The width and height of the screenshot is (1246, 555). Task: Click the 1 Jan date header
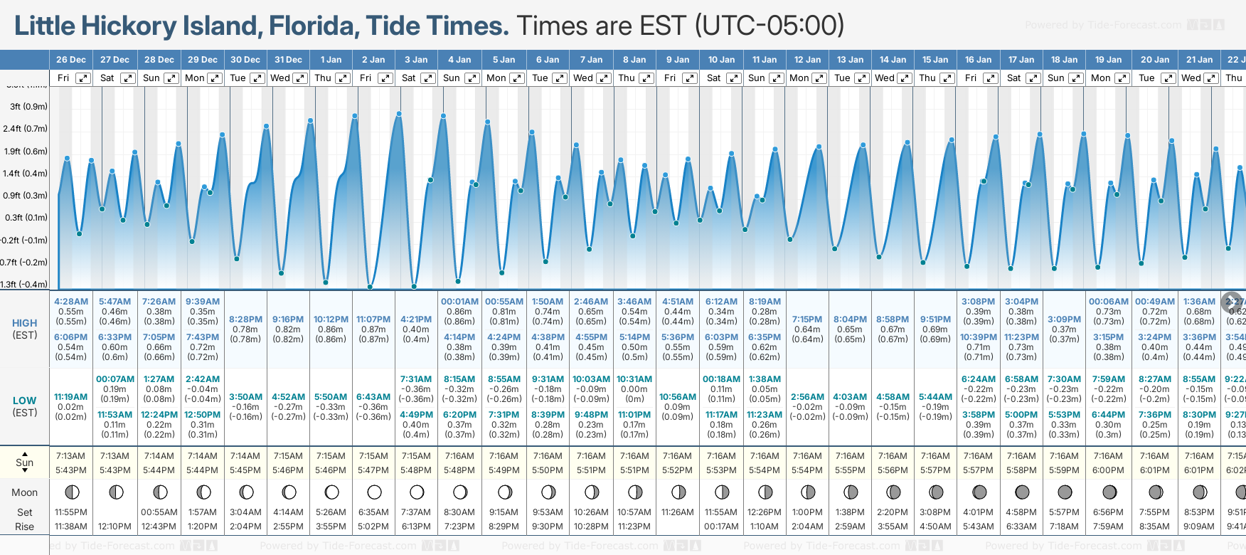[x=331, y=60]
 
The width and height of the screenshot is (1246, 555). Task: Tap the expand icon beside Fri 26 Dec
[x=84, y=78]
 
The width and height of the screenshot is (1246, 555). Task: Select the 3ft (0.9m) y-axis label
[x=29, y=107]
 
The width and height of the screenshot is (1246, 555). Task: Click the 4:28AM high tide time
[x=71, y=302]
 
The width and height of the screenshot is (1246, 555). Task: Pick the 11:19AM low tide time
[x=71, y=397]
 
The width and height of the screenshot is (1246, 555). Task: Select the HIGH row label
[x=25, y=323]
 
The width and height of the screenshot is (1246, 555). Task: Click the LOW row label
[x=25, y=401]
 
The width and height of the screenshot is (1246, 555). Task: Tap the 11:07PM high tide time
[x=373, y=319]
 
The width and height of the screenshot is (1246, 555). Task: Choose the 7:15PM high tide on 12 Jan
[x=807, y=319]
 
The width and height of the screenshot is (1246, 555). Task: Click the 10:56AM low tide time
[x=677, y=397]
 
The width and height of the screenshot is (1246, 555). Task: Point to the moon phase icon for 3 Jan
[x=417, y=492]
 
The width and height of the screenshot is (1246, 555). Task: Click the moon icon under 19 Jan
[x=1109, y=492]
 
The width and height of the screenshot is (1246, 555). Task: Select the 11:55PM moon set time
[x=71, y=512]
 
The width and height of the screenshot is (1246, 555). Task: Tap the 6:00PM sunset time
[x=1108, y=470]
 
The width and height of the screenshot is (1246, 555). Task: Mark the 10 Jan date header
[x=721, y=60]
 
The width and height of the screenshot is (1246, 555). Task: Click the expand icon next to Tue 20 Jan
[x=1167, y=78]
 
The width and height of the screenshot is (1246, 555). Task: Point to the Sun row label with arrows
[x=25, y=462]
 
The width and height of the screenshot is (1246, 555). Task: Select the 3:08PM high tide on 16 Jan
[x=978, y=302]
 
